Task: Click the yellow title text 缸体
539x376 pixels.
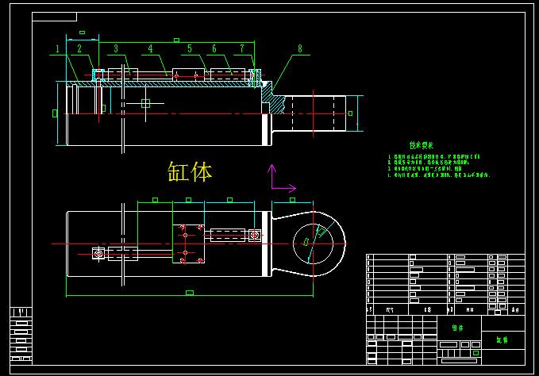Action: click(x=190, y=171)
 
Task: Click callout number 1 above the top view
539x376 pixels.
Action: click(x=58, y=49)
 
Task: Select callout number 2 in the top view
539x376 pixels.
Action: click(x=79, y=49)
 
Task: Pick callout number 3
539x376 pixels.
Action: click(x=115, y=49)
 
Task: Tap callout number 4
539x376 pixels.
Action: click(x=150, y=49)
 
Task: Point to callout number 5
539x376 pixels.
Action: click(x=190, y=49)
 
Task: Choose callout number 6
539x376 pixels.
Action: click(x=214, y=49)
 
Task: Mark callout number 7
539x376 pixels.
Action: click(x=241, y=49)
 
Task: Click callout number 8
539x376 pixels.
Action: click(x=300, y=49)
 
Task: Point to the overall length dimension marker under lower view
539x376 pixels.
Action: click(x=189, y=293)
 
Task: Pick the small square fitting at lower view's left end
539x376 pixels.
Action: click(x=98, y=254)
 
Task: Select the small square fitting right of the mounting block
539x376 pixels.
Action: click(x=254, y=235)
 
